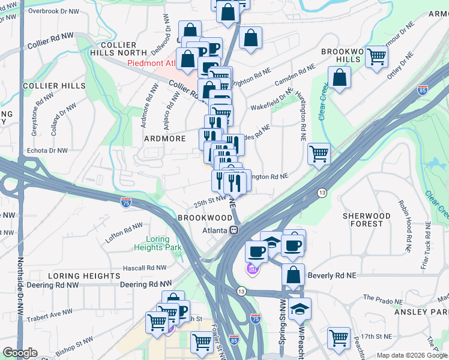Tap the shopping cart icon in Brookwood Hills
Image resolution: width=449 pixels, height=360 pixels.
click(376, 57)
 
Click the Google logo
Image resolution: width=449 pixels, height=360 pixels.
click(20, 353)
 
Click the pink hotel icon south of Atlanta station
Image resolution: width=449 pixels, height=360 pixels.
click(252, 271)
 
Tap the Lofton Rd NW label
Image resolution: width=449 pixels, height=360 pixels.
click(124, 233)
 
